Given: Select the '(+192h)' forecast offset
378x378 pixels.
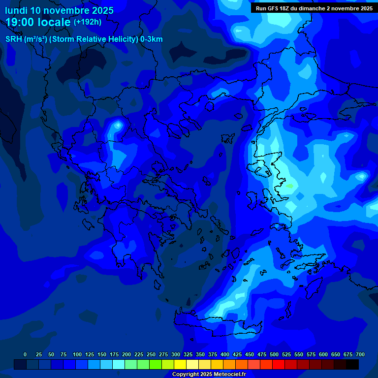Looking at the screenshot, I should pyautogui.click(x=88, y=22).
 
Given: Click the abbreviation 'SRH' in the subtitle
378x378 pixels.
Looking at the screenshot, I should pyautogui.click(x=14, y=39).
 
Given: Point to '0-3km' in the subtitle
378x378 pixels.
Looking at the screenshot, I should pyautogui.click(x=152, y=39).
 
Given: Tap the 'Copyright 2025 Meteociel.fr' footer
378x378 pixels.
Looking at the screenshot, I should pyautogui.click(x=209, y=375).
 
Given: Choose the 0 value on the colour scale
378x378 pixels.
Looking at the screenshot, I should pyautogui.click(x=25, y=354).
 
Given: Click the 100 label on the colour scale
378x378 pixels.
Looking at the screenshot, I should pyautogui.click(x=77, y=354).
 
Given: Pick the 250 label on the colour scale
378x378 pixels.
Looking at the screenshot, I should pyautogui.click(x=151, y=354).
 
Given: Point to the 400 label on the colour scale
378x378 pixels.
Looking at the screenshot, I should pyautogui.click(x=225, y=354).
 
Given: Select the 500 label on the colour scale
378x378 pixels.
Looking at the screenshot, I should pyautogui.click(x=274, y=354).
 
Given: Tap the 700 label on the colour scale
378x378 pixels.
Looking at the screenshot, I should pyautogui.click(x=360, y=354).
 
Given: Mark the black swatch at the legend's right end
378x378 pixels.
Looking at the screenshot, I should pyautogui.click(x=352, y=365).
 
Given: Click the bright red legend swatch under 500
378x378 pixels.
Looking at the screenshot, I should pyautogui.click(x=278, y=365).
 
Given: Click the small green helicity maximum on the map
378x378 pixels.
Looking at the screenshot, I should pyautogui.click(x=290, y=186).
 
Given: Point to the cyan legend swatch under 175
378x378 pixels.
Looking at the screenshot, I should pyautogui.click(x=118, y=365).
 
